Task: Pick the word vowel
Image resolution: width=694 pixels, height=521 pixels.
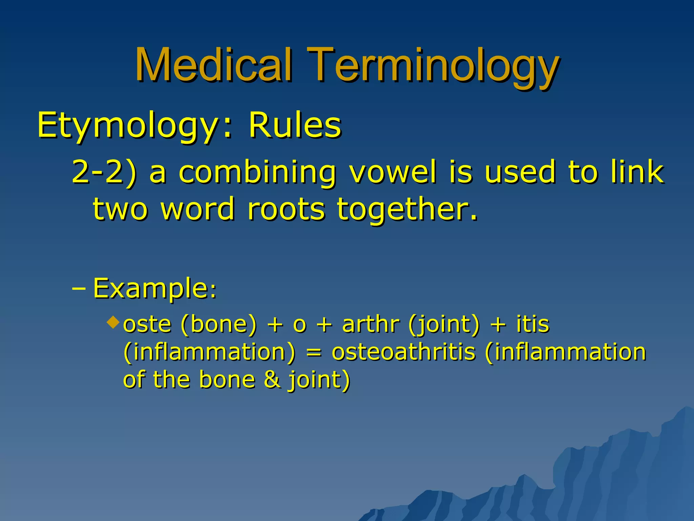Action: [393, 172]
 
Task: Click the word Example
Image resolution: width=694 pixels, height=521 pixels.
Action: [152, 288]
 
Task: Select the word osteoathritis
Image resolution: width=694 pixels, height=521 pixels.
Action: [403, 352]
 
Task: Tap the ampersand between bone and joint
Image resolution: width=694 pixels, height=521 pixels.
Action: [272, 380]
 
